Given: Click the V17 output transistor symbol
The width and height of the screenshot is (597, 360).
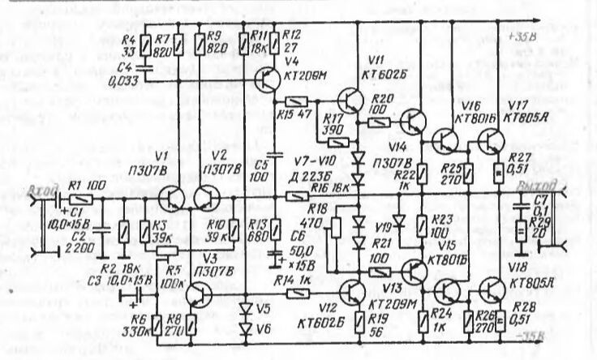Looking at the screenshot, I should [489, 142].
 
